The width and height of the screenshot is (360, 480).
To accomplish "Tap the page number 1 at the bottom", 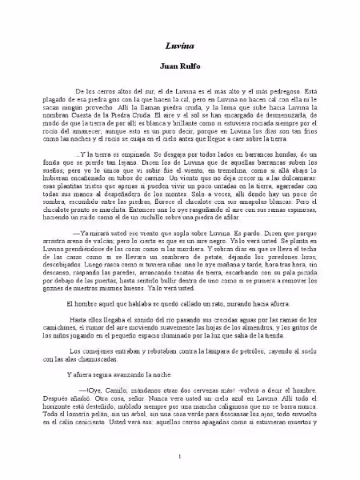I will (181, 456).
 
